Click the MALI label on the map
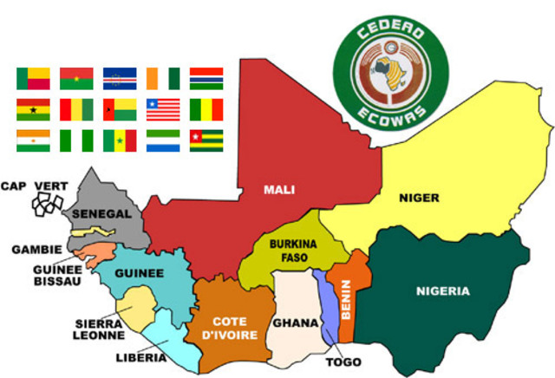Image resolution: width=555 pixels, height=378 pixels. tap(280, 187)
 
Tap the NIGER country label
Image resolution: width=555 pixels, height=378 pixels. tap(419, 198)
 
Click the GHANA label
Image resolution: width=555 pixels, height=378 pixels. tap(291, 323)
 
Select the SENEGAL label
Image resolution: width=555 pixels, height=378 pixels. tap(101, 213)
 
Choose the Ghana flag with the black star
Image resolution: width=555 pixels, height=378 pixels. tap(33, 110)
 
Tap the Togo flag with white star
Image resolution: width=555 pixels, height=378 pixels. tap(206, 140)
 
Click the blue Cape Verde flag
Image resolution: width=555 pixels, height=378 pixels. tap(120, 79)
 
